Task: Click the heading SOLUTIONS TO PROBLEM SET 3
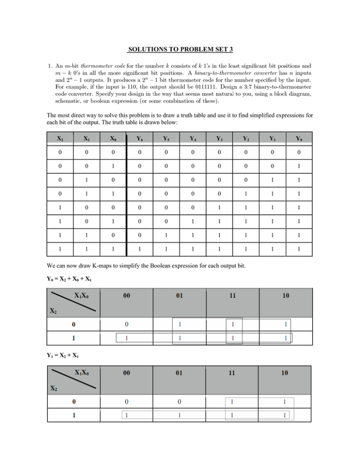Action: point(180,49)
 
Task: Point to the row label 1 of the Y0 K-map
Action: point(73,338)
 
